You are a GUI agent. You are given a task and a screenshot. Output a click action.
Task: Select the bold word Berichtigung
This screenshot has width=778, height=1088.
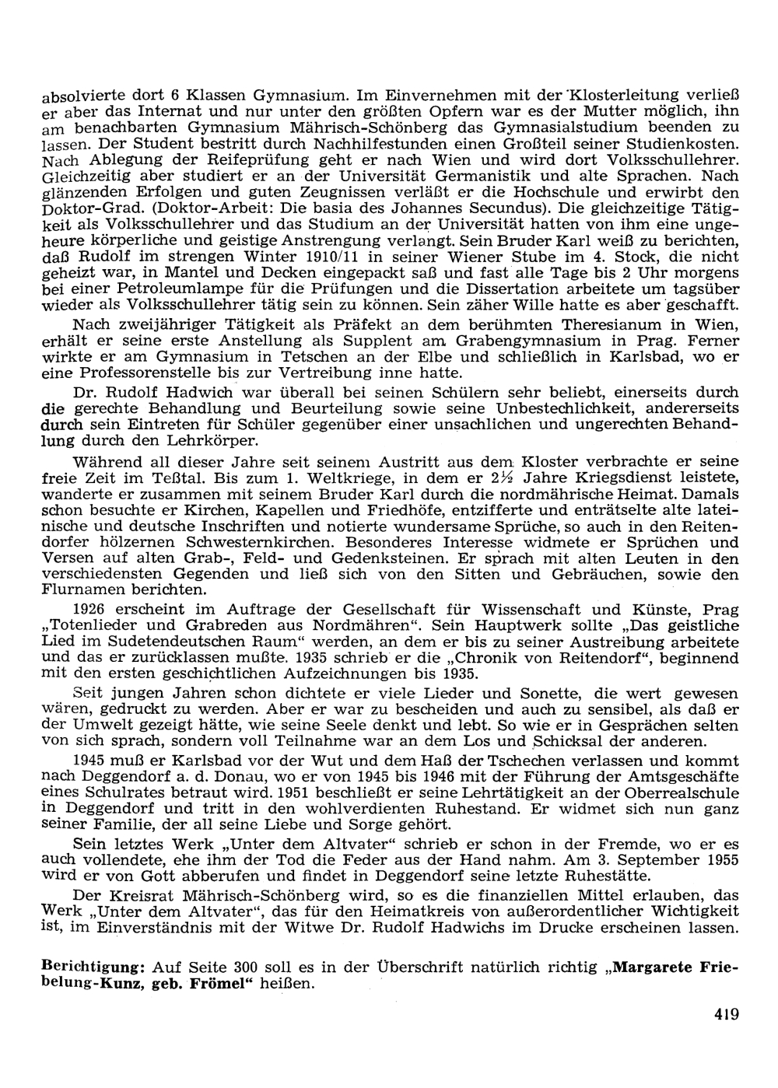93,967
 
